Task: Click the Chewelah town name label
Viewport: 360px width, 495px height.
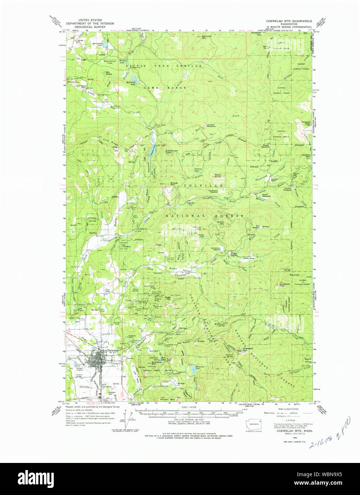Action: (x=111, y=350)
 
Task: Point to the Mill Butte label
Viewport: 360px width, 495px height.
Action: (x=108, y=73)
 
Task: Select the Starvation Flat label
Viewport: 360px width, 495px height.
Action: (x=110, y=62)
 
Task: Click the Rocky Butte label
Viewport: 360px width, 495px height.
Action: (x=218, y=176)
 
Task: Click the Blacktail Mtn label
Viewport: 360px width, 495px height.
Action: (x=207, y=37)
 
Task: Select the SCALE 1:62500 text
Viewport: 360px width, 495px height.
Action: (x=189, y=407)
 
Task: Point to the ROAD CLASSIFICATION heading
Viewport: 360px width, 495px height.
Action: (x=288, y=409)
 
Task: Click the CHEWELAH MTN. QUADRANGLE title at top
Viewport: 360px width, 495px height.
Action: (x=289, y=21)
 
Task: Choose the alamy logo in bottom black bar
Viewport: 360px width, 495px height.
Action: (x=36, y=478)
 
